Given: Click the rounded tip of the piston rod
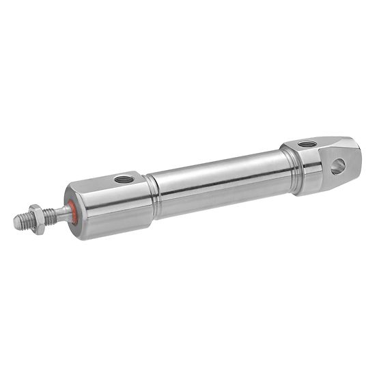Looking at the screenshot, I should coord(16,222).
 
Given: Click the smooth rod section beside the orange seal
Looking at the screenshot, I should coord(62,212).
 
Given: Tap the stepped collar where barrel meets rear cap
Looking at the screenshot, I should coord(292,164).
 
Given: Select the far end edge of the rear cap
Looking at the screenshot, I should coord(356,160).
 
